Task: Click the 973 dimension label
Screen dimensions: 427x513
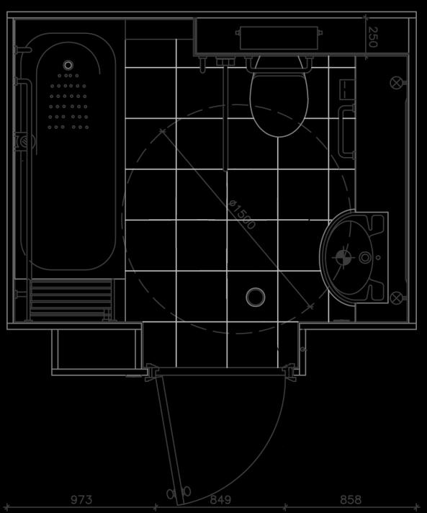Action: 81,499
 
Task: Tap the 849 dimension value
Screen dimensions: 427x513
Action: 220,499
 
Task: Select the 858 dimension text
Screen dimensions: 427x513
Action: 351,499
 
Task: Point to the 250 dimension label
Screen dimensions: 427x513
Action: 373,37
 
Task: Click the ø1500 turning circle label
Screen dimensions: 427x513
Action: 242,215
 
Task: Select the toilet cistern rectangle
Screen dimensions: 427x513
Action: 279,38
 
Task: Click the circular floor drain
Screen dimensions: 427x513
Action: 256,297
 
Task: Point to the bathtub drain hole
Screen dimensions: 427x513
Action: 68,65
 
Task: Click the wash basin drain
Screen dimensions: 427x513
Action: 342,257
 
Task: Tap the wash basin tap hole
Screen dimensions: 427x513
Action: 365,257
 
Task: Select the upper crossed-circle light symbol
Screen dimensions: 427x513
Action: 396,83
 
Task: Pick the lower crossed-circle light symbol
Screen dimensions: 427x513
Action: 396,298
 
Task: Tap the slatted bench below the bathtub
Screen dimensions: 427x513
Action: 71,299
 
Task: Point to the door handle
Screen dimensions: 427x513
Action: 179,493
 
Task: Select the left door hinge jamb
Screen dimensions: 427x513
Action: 151,373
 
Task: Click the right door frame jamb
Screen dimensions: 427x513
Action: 289,373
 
